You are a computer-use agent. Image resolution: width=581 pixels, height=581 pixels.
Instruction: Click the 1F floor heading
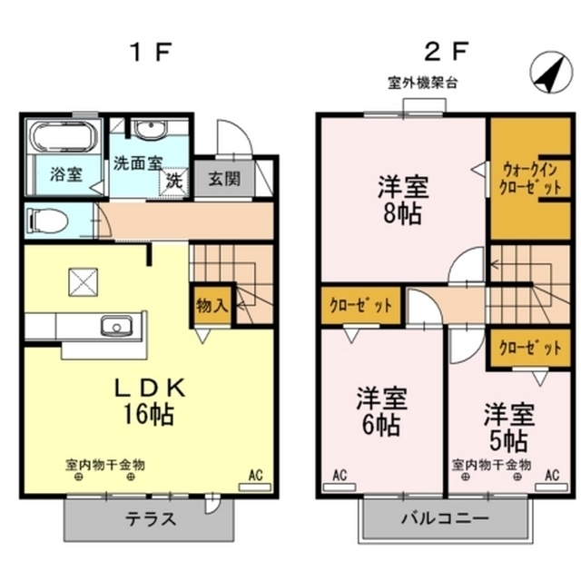coord(151,51)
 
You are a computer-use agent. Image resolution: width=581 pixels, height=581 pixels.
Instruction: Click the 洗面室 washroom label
coord(137,164)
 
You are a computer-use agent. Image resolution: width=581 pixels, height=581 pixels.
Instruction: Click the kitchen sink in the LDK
coord(116,326)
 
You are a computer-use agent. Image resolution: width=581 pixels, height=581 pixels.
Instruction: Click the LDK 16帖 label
coord(149,401)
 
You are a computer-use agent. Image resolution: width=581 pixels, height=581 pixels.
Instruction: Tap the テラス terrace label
coord(150,520)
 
